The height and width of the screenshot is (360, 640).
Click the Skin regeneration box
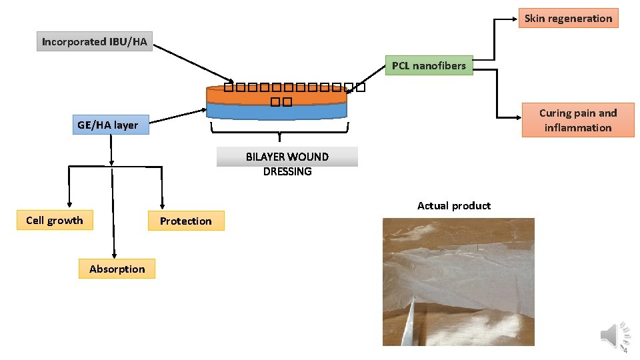(x=568, y=18)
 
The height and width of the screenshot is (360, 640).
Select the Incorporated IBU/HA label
(x=94, y=41)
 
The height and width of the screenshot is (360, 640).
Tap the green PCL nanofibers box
(x=429, y=65)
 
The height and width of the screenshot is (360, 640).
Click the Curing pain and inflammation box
(x=577, y=120)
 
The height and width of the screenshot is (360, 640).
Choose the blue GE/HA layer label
(x=108, y=125)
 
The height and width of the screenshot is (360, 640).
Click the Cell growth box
(x=55, y=221)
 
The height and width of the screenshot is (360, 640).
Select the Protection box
(x=185, y=221)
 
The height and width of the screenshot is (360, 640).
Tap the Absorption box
(x=117, y=269)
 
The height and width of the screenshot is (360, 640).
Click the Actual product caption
(x=453, y=205)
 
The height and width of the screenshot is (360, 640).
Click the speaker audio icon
(x=615, y=335)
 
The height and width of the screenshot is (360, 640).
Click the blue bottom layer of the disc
(x=277, y=112)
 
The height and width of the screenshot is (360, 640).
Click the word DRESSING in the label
(x=287, y=171)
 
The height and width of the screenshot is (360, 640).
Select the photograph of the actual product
(x=458, y=282)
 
